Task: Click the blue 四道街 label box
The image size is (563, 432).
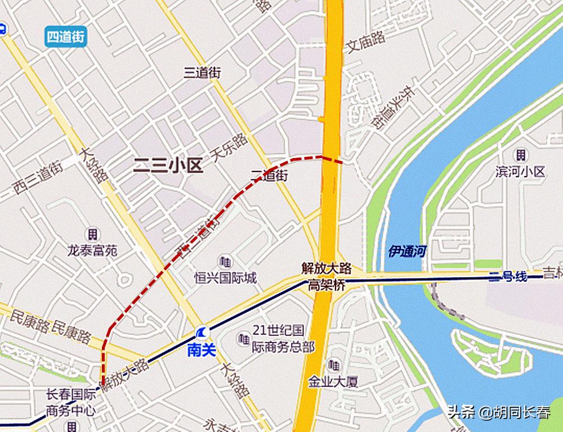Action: (66, 37)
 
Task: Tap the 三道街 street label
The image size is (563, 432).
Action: (203, 73)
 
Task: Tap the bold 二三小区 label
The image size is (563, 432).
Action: (167, 165)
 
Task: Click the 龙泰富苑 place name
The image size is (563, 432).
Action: (92, 250)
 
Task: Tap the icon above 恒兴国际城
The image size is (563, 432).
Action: (226, 262)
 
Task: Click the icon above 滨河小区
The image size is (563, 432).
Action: (521, 155)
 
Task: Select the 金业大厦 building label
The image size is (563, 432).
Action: (333, 382)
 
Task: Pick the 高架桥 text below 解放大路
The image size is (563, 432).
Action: (326, 286)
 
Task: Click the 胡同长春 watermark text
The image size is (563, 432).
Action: (522, 413)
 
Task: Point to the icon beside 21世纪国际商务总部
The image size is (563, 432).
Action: (243, 339)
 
